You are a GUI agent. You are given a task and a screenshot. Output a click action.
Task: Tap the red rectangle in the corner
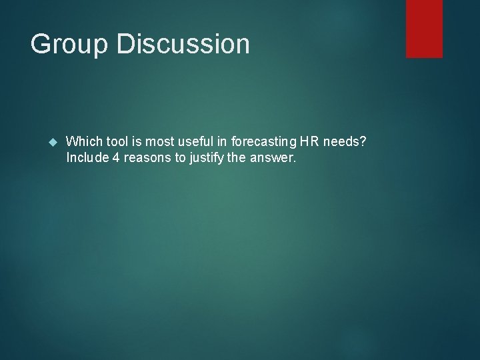pos(424,29)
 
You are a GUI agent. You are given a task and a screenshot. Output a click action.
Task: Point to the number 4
pos(112,158)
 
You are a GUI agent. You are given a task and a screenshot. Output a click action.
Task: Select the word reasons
pos(142,158)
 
